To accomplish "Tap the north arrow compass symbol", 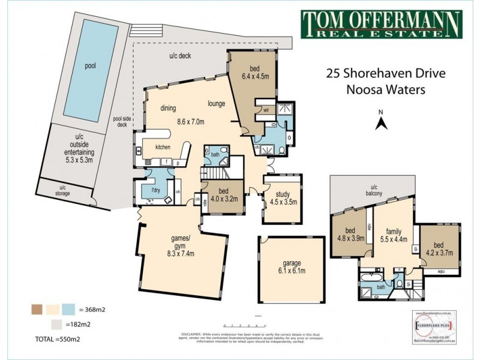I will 380,122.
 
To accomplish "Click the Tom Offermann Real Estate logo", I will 380,26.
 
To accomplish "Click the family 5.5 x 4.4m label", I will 394,236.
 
